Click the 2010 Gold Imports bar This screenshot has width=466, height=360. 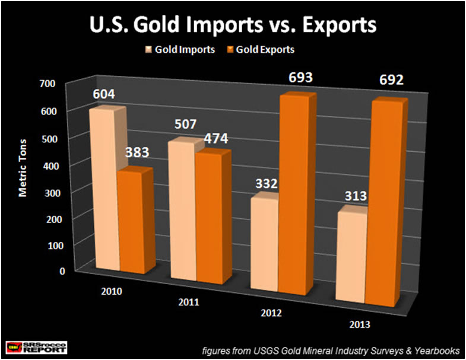102,190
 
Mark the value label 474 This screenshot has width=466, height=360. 214,139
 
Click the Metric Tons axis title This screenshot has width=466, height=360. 23,176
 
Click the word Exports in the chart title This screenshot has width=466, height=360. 337,27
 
